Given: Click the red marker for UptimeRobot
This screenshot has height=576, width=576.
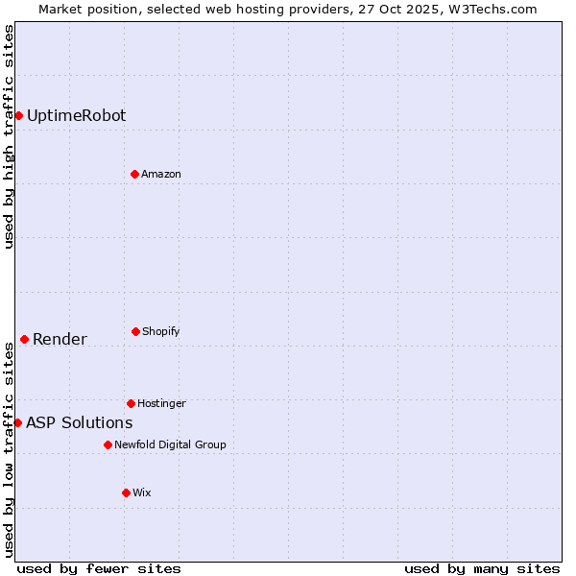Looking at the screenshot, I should pos(18,115).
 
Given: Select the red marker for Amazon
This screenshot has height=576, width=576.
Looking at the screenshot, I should pos(134,174).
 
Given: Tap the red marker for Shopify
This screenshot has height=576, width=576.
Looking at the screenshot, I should pos(135,331).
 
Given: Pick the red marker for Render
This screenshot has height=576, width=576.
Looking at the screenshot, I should pos(24,339).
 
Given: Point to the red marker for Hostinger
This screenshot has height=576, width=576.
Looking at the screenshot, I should pos(131,403).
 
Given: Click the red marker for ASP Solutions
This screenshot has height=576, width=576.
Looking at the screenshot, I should pos(17,422).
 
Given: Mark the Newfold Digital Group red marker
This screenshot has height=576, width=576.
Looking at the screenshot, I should pos(108,444).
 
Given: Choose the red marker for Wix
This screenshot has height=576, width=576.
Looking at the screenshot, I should pos(126,492).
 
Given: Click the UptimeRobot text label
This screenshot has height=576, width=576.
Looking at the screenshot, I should pos(76,116).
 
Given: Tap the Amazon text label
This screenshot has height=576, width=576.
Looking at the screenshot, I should pos(161,175).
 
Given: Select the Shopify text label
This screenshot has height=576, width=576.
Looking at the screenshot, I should pos(161,332).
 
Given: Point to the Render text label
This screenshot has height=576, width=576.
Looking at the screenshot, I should pos(60,340).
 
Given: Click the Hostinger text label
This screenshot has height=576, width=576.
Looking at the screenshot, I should pos(161,404).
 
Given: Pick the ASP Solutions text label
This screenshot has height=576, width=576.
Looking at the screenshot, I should pos(79,423).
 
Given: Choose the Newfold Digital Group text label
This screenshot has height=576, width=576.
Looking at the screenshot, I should pos(170,445).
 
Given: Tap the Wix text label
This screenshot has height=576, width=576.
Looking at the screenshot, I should pos(142,493).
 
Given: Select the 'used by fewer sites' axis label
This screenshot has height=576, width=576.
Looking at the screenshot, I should pos(99,568).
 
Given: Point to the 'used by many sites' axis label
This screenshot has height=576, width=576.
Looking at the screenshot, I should pos(482,568).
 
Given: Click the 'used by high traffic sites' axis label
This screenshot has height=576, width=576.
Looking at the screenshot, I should pos(9,136).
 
